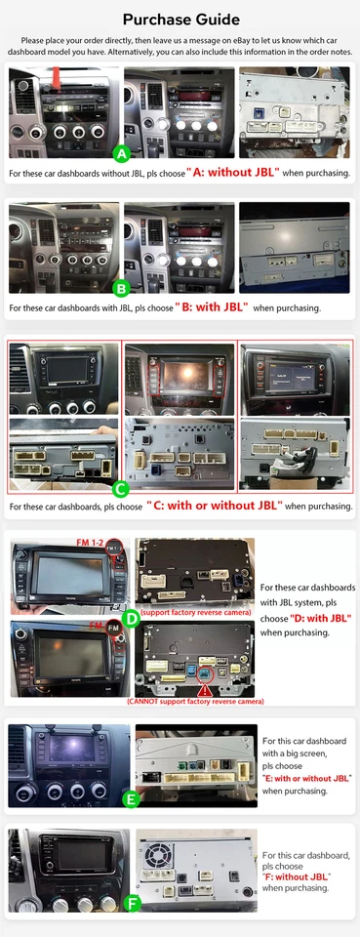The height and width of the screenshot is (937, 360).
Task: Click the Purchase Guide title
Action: click(x=180, y=19)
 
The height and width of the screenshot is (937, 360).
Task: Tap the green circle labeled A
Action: click(x=121, y=154)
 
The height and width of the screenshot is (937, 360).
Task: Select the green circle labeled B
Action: click(x=121, y=289)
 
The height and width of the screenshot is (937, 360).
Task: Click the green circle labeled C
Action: click(x=121, y=488)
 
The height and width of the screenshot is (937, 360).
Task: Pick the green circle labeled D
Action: click(x=131, y=618)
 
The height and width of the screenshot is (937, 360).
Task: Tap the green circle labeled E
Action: click(x=130, y=798)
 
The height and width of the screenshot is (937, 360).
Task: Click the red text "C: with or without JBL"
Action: click(x=215, y=507)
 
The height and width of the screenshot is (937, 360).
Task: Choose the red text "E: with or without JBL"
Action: click(x=305, y=778)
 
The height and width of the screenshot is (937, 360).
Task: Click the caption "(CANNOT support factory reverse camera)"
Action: click(x=195, y=702)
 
